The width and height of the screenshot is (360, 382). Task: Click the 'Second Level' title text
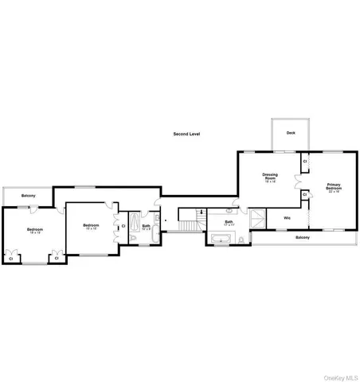click(x=186, y=134)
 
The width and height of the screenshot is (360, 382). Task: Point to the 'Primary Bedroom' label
click(x=332, y=188)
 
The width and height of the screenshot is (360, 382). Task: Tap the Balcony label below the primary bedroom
click(x=303, y=237)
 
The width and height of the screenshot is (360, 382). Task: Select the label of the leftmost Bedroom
click(x=35, y=230)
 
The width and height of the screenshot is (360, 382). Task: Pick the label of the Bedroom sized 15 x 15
click(x=90, y=226)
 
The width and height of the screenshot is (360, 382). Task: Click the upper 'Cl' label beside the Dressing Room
click(x=305, y=162)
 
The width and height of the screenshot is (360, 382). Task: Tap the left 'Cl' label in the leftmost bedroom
click(x=11, y=258)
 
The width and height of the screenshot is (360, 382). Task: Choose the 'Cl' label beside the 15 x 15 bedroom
click(x=121, y=226)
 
